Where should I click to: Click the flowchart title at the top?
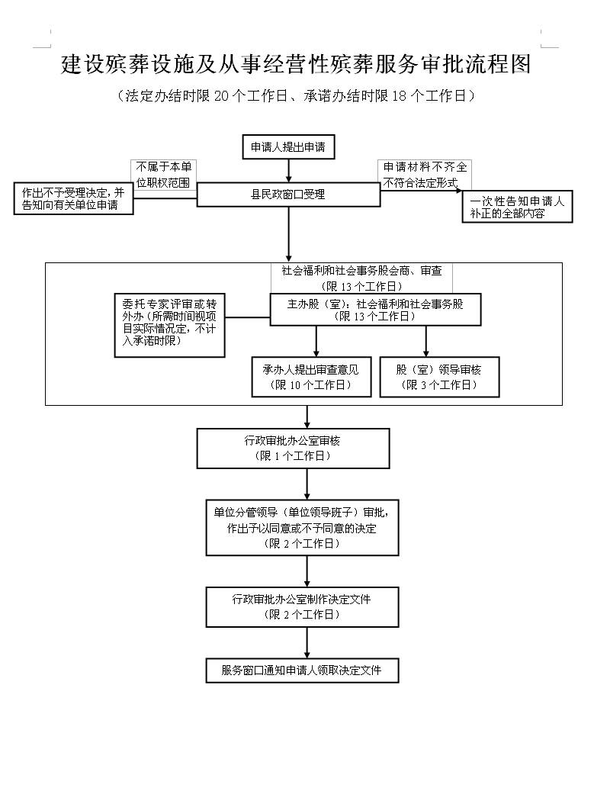[296, 65]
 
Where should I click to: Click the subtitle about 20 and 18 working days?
[296, 96]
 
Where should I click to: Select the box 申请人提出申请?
[288, 147]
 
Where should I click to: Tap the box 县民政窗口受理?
[288, 195]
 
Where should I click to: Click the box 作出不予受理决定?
[72, 199]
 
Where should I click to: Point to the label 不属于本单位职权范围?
[163, 173]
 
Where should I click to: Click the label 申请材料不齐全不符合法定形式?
[425, 174]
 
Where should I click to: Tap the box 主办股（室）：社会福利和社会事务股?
[375, 309]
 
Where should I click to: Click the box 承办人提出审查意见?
[310, 377]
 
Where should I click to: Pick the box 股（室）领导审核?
[438, 377]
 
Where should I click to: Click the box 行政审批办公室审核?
[293, 448]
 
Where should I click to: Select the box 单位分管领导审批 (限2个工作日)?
[302, 528]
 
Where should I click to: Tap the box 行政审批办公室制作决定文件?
[302, 606]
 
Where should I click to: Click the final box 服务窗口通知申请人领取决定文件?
[302, 670]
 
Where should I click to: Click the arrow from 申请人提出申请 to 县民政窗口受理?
[288, 171]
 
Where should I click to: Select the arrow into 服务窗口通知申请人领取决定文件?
[307, 644]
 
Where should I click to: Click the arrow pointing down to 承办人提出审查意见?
[316, 341]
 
